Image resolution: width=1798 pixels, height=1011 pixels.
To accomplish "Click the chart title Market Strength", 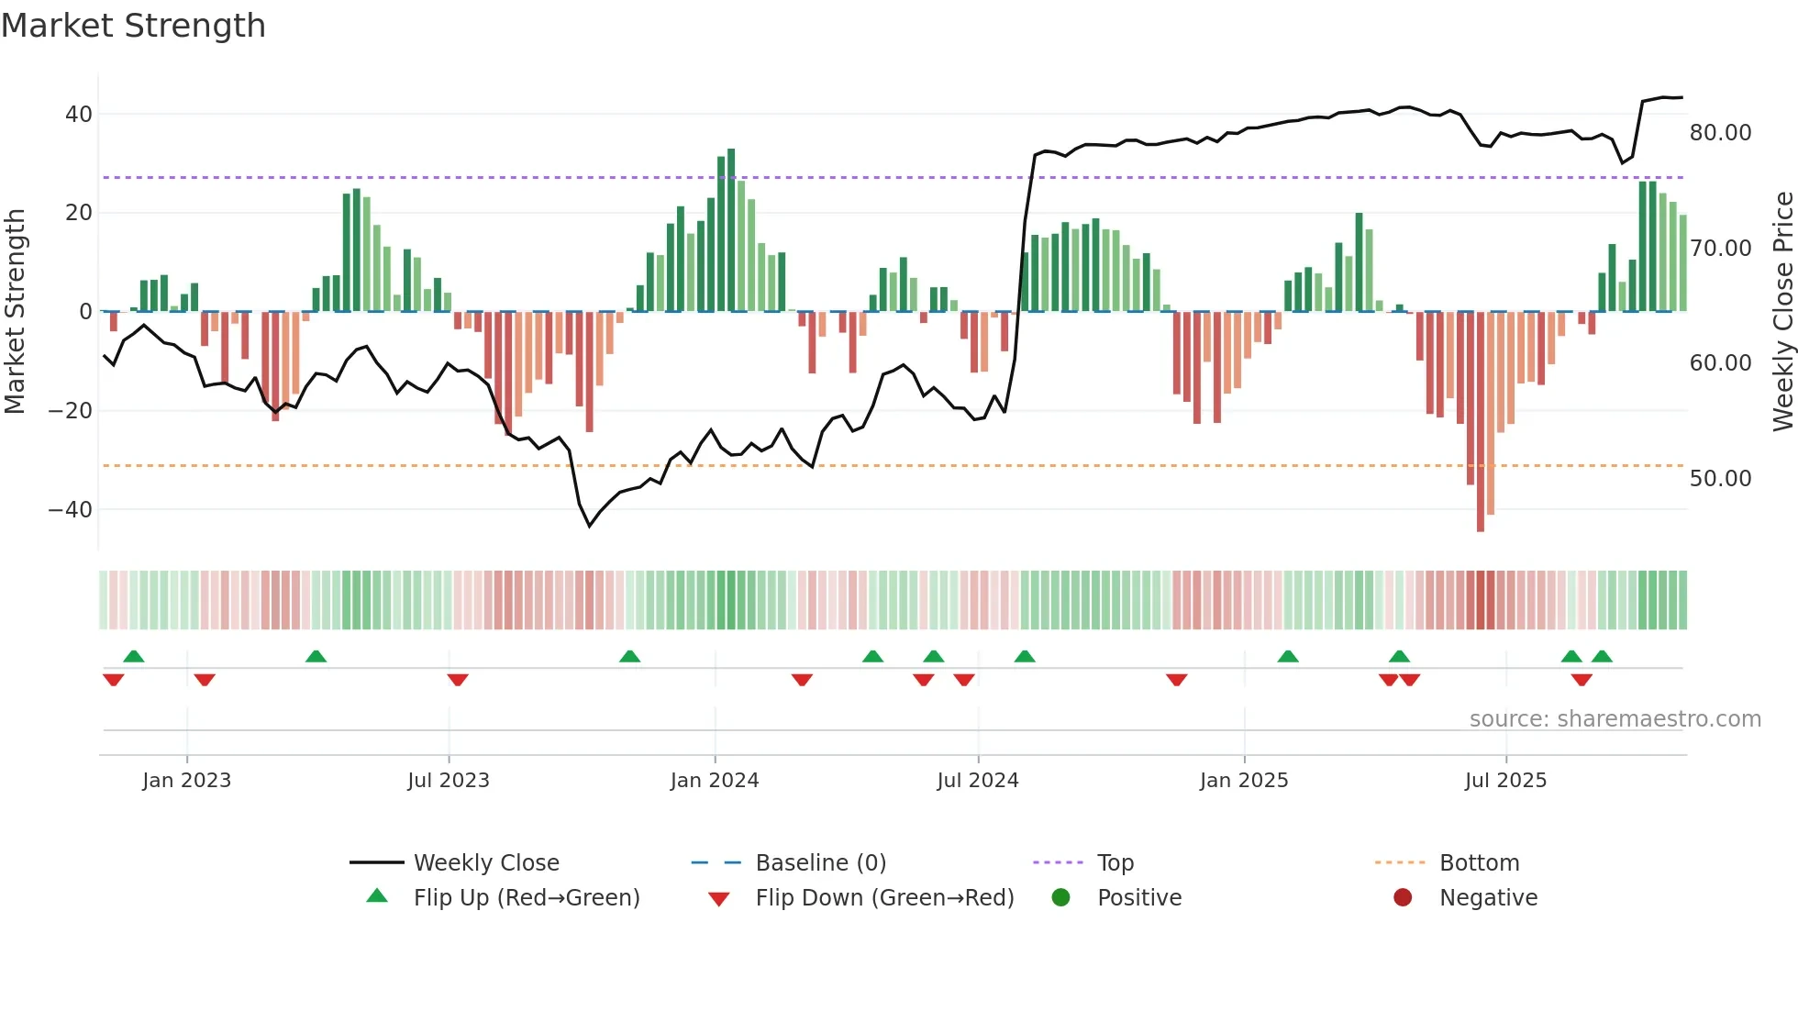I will point(133,26).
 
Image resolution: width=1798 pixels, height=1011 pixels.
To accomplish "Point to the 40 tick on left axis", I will point(79,115).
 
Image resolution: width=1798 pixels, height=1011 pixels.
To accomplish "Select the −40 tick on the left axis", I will point(72,509).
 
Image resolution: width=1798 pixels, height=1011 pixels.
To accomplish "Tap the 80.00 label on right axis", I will point(1720,133).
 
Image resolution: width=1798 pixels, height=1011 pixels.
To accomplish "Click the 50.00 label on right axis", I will point(1720,479).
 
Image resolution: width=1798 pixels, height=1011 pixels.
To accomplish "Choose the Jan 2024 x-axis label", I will point(715,781).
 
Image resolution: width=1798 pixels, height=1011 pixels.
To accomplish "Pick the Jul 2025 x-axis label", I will point(1505,781).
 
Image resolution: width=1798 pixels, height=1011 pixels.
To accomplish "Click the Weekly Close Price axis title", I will point(1782,312).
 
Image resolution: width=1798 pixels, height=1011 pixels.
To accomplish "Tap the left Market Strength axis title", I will point(15,312).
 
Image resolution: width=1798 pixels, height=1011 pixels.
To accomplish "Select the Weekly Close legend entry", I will point(486,863).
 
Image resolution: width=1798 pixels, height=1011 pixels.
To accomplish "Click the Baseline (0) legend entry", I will point(820,863).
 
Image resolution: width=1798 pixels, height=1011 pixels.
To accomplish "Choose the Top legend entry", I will point(1115,863).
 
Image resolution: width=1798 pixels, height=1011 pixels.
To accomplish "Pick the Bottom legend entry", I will point(1479,863).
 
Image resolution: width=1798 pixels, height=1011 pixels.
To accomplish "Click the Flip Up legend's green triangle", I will point(377,896).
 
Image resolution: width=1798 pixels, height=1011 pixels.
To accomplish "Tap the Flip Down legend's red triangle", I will point(719,899).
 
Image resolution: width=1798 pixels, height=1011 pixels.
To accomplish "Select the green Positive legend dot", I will point(1060,897).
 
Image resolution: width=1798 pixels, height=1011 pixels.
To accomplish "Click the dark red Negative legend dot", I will point(1403,897).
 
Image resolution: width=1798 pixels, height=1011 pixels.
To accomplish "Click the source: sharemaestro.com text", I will point(1615,719).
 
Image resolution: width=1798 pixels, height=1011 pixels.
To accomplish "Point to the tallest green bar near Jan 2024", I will point(731,229).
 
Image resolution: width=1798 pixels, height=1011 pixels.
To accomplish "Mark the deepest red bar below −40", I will point(1481,422).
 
